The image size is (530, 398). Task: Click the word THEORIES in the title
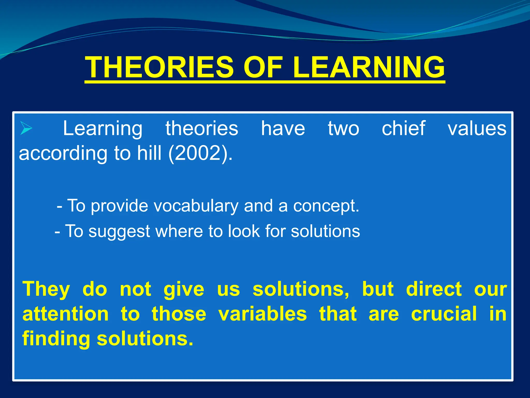tap(159, 67)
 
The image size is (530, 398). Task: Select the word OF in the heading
tap(263, 67)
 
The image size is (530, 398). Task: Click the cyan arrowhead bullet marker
tap(26, 128)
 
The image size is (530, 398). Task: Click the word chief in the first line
tap(403, 128)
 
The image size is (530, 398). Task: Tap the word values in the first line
tap(477, 128)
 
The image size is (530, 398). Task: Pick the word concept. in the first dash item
tap(326, 206)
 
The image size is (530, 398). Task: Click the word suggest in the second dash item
tap(119, 231)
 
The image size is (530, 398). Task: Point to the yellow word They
tap(46, 289)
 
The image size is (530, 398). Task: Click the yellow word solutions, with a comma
tap(301, 289)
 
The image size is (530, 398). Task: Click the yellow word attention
tap(65, 314)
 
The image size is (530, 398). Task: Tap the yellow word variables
tap(262, 314)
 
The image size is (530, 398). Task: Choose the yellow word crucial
tap(444, 314)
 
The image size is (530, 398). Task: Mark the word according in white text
tap(63, 153)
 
